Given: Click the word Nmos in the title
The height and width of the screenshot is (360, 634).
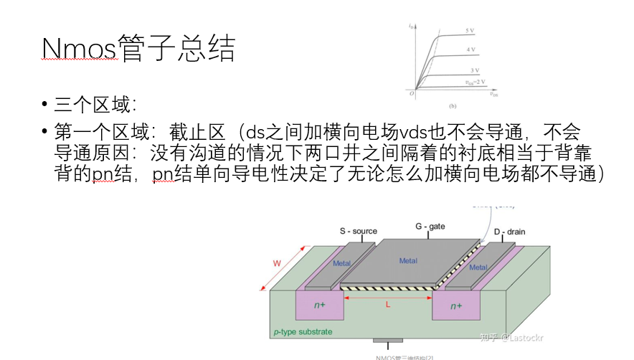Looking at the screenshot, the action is click(79, 49).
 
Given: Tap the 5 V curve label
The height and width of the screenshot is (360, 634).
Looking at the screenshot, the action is click(470, 31).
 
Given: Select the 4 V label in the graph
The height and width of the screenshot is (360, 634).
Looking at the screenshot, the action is click(472, 49).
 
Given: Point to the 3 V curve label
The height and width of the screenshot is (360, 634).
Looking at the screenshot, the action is click(475, 70).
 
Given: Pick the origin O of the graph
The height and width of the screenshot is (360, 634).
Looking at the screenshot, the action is click(412, 93).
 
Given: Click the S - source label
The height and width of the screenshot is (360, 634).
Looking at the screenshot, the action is click(358, 231).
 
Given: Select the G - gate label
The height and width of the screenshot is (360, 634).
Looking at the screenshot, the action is click(430, 227).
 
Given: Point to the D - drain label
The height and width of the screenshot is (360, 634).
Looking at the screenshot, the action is click(510, 232).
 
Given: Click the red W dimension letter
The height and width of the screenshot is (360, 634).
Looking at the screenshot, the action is click(277, 263).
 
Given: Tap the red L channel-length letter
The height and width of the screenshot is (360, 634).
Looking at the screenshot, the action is click(388, 304).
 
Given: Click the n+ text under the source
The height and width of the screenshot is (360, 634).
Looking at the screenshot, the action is click(320, 305).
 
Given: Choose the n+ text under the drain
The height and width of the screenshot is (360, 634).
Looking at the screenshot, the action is click(456, 306).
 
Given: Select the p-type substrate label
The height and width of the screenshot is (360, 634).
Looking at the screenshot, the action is click(303, 332).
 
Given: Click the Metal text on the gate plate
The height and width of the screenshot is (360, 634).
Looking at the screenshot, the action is click(408, 261).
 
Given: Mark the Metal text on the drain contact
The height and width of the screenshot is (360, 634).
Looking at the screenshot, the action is click(478, 267).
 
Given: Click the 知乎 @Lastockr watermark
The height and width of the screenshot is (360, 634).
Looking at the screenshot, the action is click(512, 336).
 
